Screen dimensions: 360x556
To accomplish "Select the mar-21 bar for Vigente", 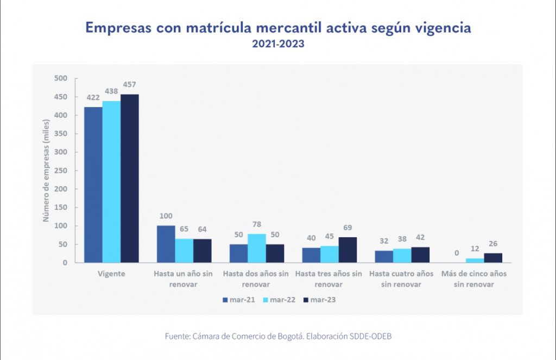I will pyautogui.click(x=93, y=185).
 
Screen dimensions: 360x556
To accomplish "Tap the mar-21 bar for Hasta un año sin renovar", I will pyautogui.click(x=166, y=244).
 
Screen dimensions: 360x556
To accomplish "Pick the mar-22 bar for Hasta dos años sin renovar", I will pyautogui.click(x=257, y=248).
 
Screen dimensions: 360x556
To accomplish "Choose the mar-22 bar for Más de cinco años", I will pyautogui.click(x=475, y=260).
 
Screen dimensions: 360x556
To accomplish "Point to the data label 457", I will pyautogui.click(x=129, y=85).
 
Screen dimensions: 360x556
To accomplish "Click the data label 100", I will pyautogui.click(x=166, y=216).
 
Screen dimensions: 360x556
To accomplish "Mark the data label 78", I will pyautogui.click(x=257, y=224).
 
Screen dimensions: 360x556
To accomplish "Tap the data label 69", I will pyautogui.click(x=347, y=228).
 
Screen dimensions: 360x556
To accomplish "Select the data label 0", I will pyautogui.click(x=457, y=253).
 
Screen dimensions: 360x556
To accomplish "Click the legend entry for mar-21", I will pyautogui.click(x=238, y=300).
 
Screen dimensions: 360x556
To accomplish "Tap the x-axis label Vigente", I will pyautogui.click(x=111, y=274).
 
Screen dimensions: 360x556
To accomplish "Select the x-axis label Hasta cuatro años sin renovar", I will pyautogui.click(x=402, y=279).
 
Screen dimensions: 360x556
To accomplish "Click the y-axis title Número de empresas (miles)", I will pyautogui.click(x=47, y=170).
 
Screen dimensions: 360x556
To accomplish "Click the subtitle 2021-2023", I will pyautogui.click(x=277, y=45).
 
